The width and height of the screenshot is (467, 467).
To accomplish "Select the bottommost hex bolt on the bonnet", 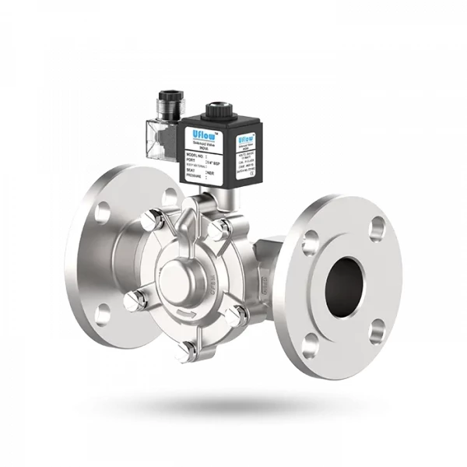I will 185,353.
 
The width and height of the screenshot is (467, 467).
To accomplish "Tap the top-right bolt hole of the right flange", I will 378,229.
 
